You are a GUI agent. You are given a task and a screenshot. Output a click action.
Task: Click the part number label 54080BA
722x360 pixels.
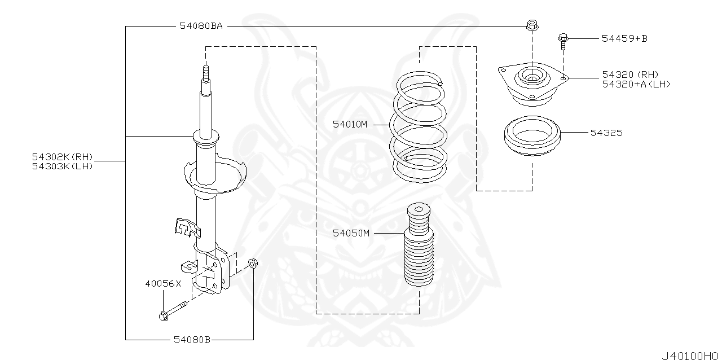coord(201,26)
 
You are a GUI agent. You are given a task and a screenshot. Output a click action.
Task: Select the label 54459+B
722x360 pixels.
coord(624,38)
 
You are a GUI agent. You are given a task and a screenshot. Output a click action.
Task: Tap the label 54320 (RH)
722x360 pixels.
coord(629,74)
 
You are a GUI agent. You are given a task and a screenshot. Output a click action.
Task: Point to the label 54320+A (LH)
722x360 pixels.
coord(636,84)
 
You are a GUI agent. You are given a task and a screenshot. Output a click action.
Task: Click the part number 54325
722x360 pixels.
coord(606,133)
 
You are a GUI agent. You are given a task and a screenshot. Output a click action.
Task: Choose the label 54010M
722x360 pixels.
coord(350,124)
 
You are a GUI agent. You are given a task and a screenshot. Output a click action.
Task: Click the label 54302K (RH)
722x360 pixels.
coord(63,156)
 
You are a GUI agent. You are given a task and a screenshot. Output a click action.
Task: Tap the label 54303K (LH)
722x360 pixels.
coord(62,166)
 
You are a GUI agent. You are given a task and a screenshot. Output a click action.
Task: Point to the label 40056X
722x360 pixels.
coord(163,284)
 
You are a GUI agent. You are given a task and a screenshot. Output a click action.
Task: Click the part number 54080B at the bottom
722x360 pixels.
coord(191,340)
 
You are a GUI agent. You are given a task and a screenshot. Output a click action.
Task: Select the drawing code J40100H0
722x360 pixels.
coord(690,355)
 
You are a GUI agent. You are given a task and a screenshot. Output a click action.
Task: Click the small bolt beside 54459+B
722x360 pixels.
coord(563,40)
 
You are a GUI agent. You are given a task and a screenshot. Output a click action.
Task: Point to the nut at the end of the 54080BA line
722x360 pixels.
coord(531,25)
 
